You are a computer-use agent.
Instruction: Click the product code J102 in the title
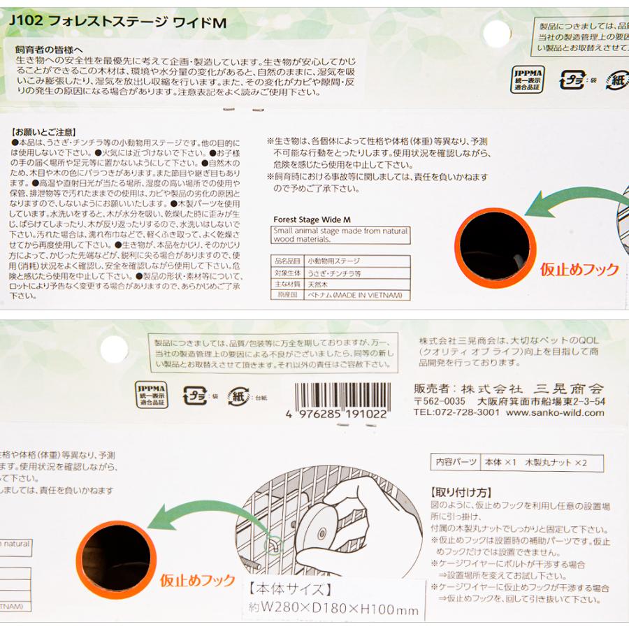pyautogui.click(x=27, y=22)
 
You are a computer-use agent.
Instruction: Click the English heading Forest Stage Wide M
pyautogui.click(x=311, y=219)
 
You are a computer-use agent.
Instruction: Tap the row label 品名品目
pyautogui.click(x=287, y=260)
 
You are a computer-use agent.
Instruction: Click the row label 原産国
pyautogui.click(x=287, y=295)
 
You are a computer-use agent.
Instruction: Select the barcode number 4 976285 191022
pyautogui.click(x=337, y=414)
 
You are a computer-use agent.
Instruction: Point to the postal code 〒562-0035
pyautogui.click(x=439, y=401)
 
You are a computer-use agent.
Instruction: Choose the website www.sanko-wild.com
pyautogui.click(x=555, y=412)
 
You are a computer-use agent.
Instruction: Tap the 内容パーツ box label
pyautogui.click(x=456, y=463)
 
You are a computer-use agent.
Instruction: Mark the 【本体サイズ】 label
pyautogui.click(x=289, y=588)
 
